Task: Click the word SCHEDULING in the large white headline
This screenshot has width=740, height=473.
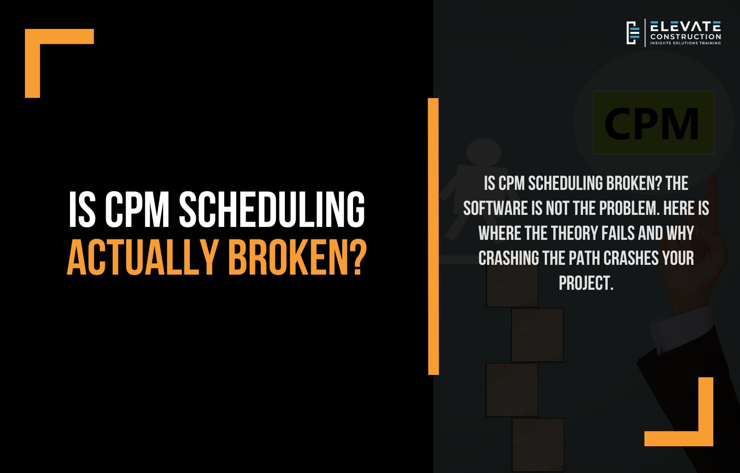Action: [272, 210]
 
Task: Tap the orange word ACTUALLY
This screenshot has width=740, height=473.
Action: [143, 257]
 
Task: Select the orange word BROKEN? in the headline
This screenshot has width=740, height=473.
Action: [298, 257]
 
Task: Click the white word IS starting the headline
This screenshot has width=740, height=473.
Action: [82, 210]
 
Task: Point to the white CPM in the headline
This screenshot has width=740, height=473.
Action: [137, 210]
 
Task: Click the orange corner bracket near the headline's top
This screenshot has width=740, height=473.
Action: [33, 37]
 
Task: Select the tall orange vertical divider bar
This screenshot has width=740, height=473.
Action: [433, 236]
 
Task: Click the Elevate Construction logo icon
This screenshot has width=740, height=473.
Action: [633, 33]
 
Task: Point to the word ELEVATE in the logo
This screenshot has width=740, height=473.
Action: [686, 26]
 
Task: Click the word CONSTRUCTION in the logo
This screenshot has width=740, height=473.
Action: [686, 37]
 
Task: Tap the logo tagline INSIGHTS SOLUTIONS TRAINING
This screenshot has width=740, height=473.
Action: [686, 43]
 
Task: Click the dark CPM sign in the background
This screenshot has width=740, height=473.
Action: [654, 123]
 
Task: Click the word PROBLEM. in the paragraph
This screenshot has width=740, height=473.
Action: [629, 209]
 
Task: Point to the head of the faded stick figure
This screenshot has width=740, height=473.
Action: [484, 152]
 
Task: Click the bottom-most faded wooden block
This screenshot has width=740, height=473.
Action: [538, 445]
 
